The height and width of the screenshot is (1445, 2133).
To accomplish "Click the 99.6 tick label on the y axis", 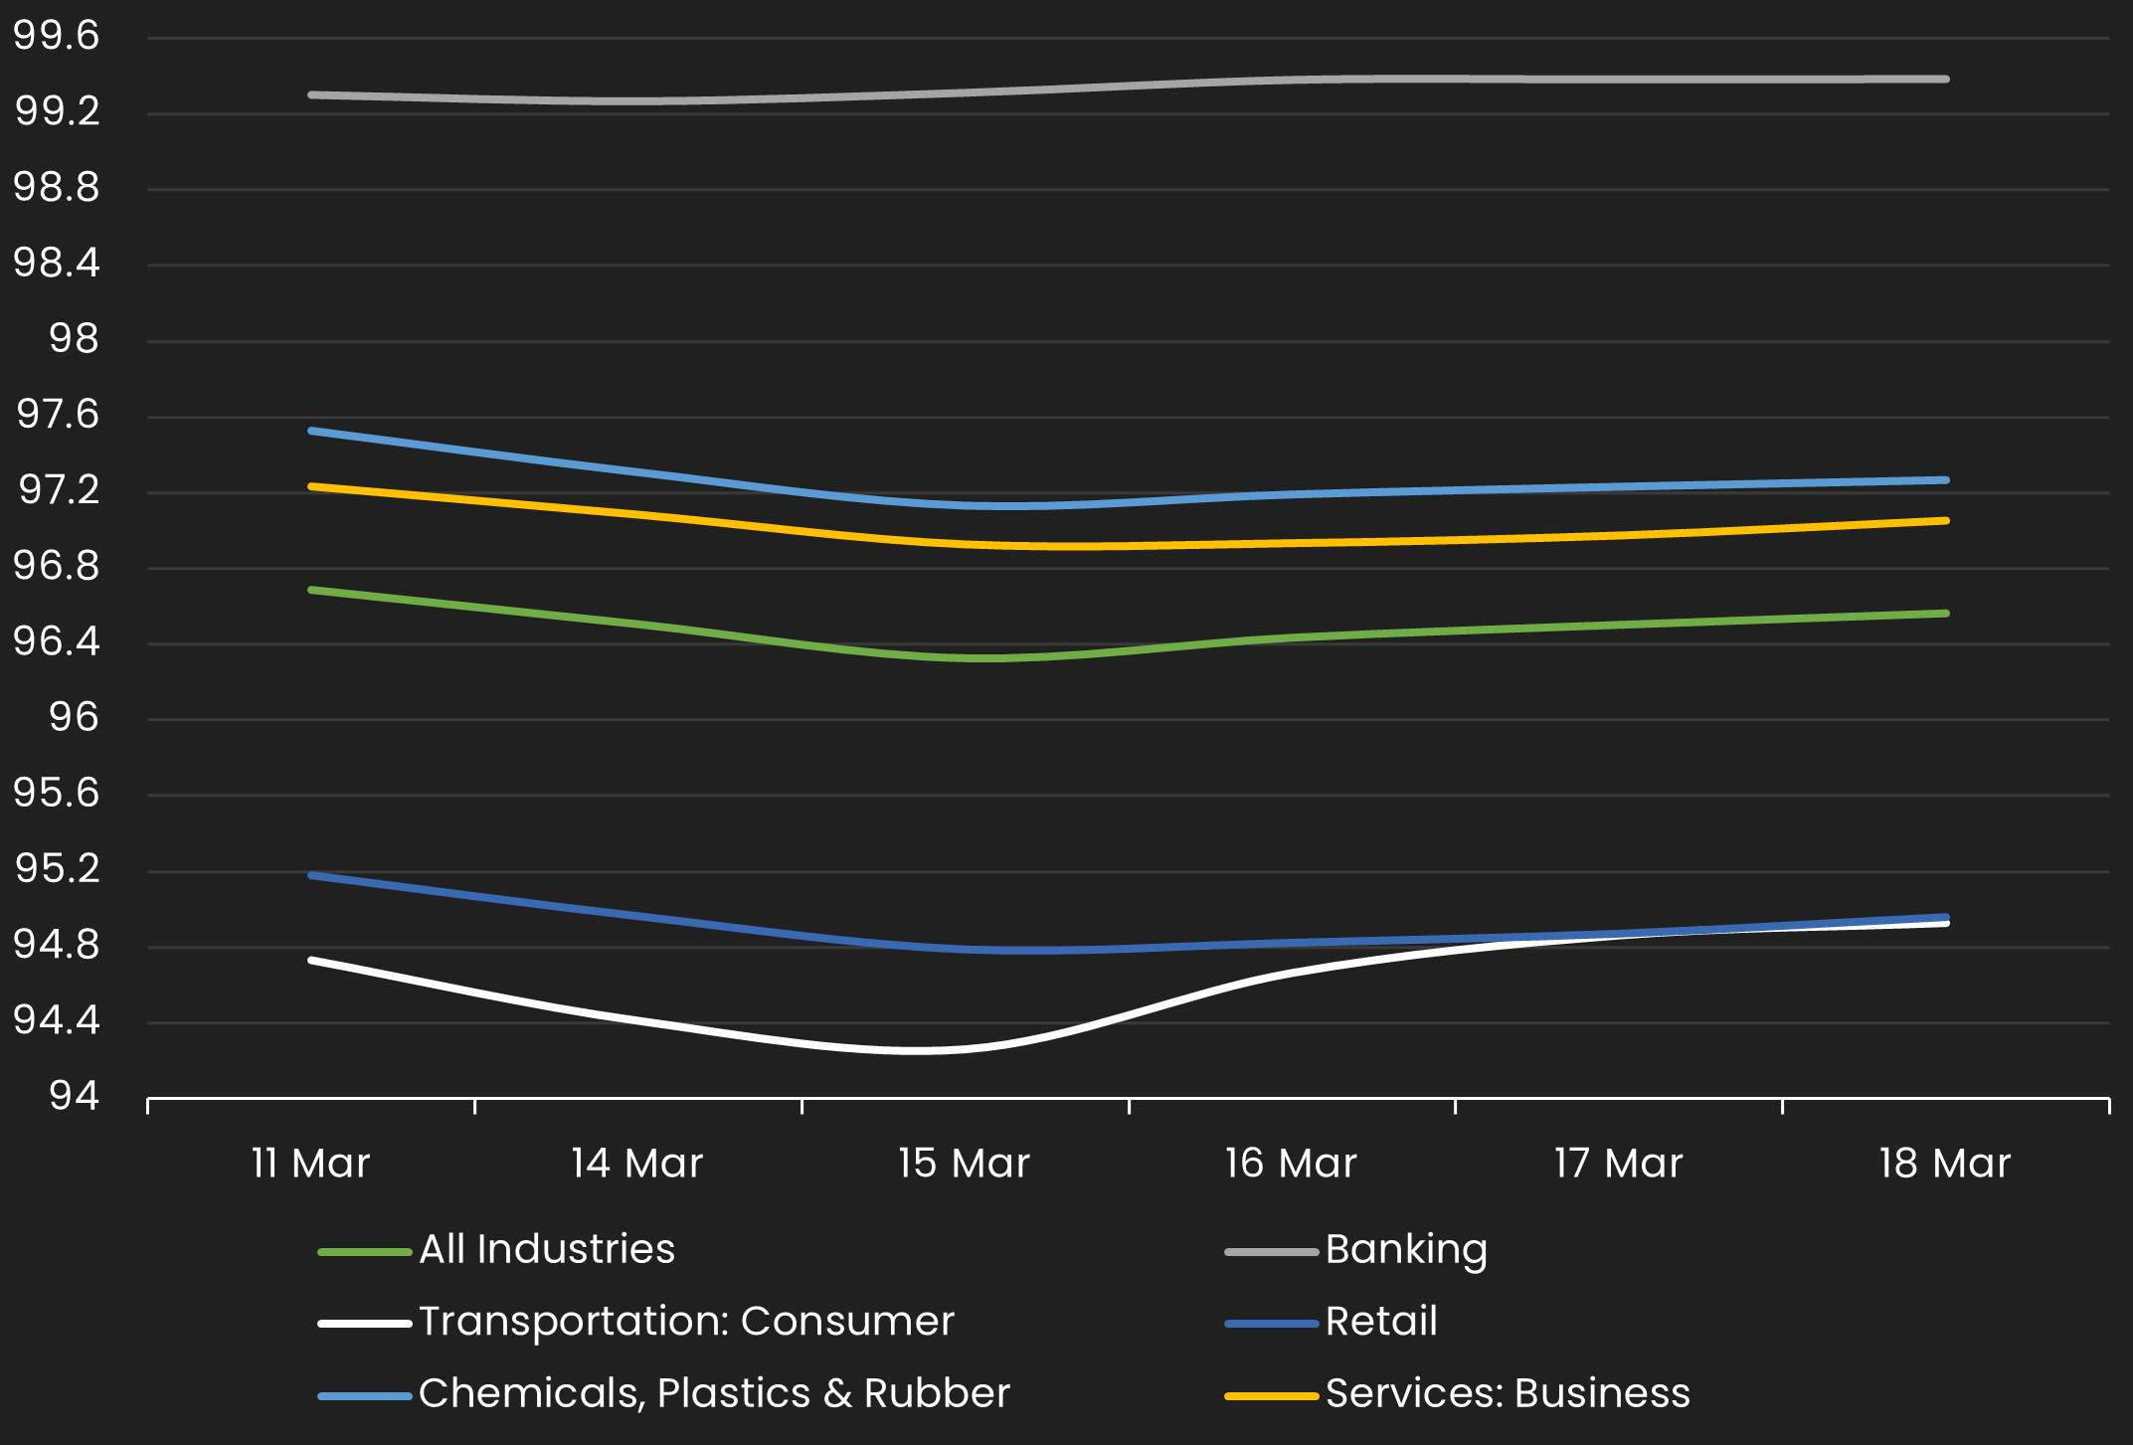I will [56, 37].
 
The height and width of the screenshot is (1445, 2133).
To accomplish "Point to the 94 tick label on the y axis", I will [74, 1097].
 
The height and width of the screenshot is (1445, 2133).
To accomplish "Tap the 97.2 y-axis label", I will [58, 490].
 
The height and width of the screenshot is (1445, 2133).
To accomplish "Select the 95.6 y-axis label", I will [56, 794].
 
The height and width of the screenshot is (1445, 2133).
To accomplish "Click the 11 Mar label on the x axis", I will [310, 1164].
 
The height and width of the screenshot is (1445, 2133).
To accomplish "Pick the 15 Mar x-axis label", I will [964, 1164].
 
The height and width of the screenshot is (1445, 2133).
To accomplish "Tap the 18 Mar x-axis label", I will [1944, 1164].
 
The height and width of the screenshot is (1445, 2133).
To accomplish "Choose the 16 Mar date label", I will [1291, 1164].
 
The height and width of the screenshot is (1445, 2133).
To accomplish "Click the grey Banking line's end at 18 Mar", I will [1945, 79].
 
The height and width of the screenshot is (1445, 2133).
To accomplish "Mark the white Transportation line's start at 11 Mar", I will [311, 960].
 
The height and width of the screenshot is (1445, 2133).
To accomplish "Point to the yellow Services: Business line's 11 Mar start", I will [311, 486].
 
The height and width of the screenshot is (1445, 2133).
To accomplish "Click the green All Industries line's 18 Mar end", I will [1945, 614].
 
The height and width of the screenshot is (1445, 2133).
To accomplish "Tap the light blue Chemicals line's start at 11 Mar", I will [311, 431].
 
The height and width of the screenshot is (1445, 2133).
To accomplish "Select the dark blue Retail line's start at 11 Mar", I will [311, 875].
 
